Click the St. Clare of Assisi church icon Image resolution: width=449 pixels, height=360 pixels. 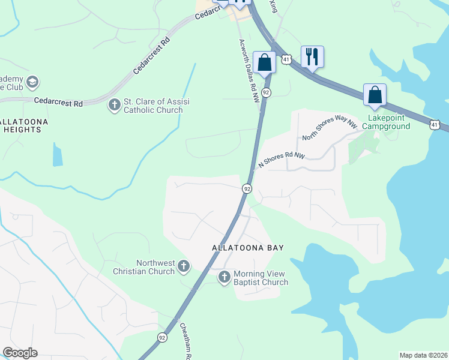tap(114, 106)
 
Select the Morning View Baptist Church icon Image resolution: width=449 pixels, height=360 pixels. tap(224, 277)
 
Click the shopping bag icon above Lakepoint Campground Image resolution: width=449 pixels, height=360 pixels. tap(375, 95)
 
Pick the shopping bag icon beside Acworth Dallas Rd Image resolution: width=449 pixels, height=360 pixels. tap(264, 62)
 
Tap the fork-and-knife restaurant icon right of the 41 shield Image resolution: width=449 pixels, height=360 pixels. tap(312, 57)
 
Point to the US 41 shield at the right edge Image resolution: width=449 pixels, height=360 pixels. tap(438, 124)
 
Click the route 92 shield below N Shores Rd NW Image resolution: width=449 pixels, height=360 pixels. tap(247, 188)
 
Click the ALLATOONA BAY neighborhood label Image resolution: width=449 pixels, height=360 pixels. tap(247, 247)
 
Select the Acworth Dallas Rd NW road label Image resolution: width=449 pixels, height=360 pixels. tap(249, 71)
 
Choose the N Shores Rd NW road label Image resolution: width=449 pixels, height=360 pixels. tap(282, 160)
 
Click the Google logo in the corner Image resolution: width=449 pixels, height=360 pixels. tap(20, 352)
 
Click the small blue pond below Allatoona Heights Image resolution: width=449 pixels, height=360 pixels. tap(57, 155)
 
